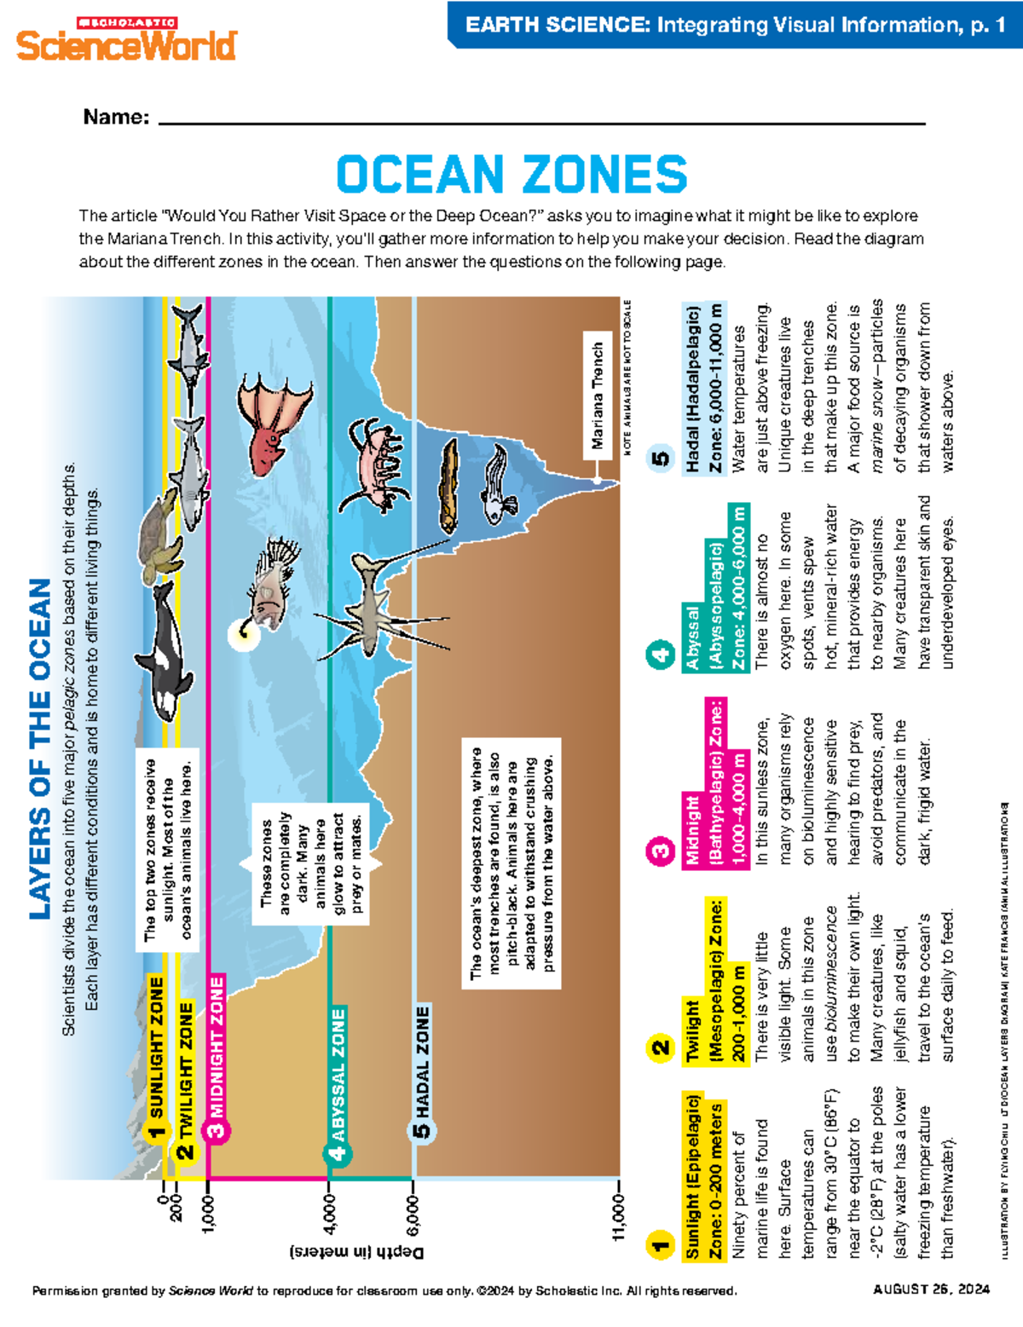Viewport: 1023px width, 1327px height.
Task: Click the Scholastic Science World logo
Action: point(126,39)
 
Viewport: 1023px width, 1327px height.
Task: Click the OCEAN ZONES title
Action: point(511,175)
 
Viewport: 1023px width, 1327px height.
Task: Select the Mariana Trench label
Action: point(598,395)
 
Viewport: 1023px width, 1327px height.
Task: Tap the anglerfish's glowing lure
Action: point(240,633)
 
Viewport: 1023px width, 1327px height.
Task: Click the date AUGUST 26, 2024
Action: point(931,1289)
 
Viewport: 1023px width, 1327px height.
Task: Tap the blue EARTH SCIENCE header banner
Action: point(735,25)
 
